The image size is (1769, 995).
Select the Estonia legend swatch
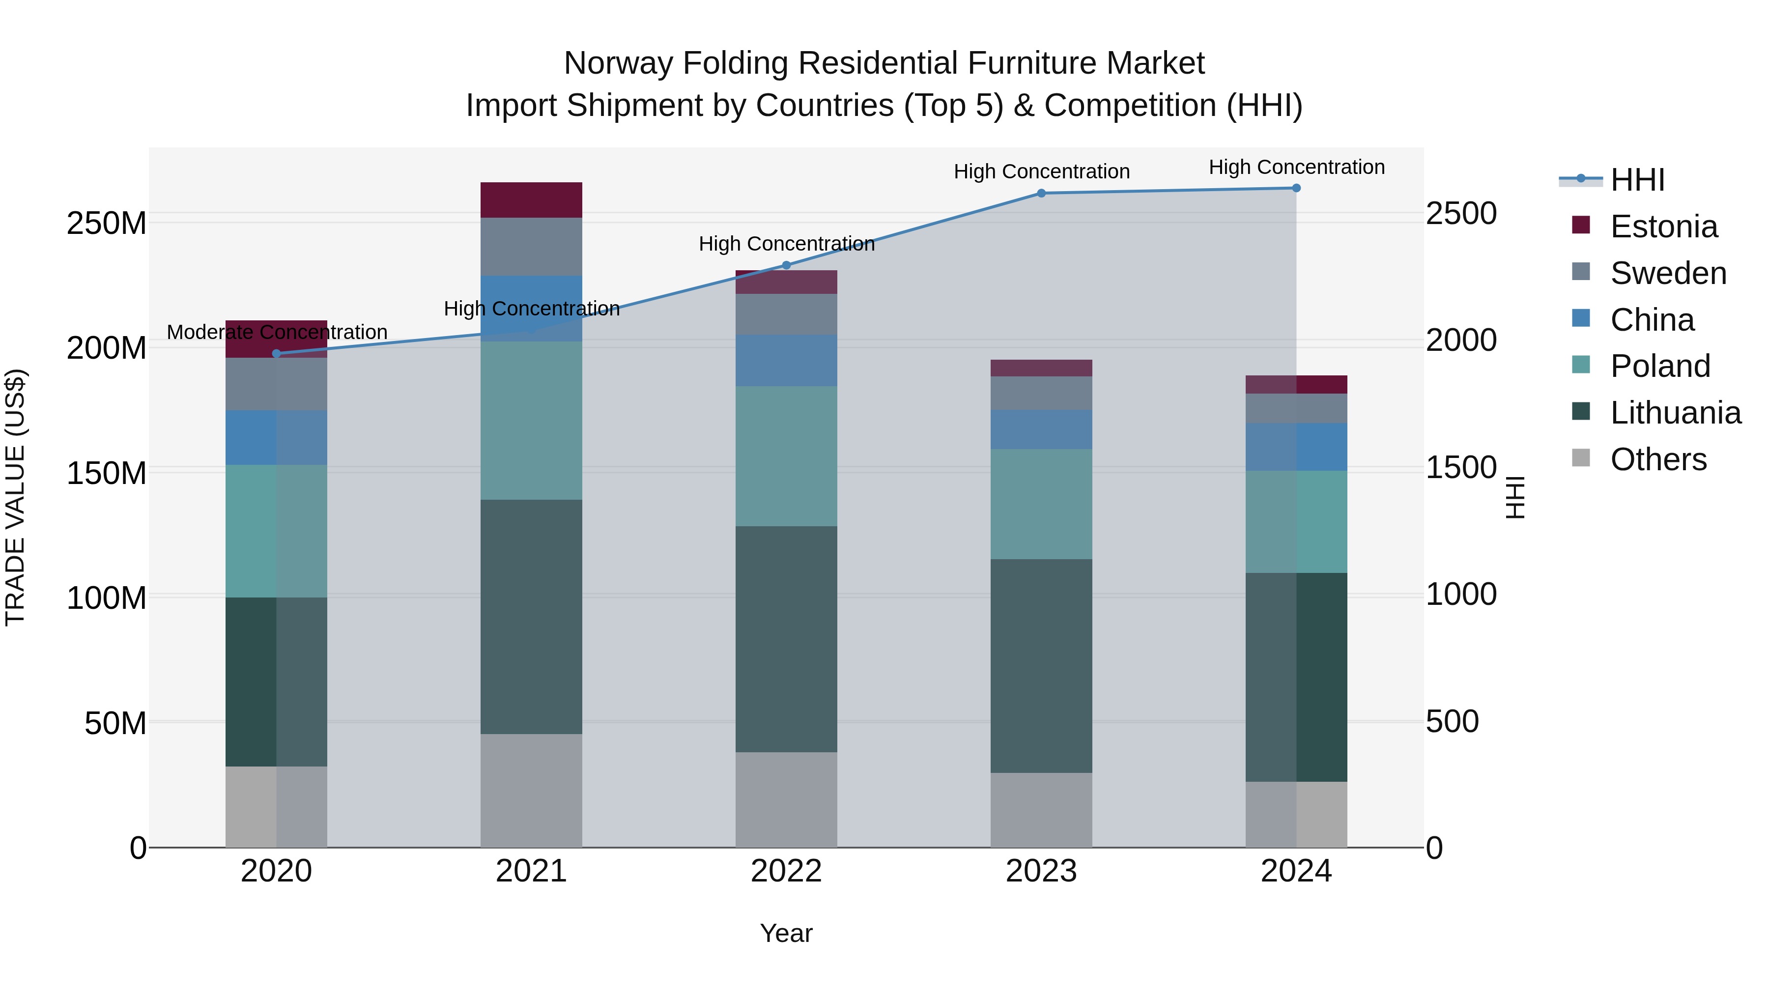[1581, 225]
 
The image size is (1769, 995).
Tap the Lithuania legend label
[1676, 413]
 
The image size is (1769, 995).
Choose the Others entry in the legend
[1658, 459]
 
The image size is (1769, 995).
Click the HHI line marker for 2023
[1041, 193]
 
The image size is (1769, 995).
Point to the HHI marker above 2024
[1296, 188]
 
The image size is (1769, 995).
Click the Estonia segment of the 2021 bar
[531, 200]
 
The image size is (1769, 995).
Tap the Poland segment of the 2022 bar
[786, 456]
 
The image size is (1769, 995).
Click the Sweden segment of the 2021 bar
[531, 247]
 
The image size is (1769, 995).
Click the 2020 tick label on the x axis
[276, 871]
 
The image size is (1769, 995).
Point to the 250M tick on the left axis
[107, 223]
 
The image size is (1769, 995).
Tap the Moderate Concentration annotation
[277, 332]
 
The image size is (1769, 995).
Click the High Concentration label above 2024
[1297, 167]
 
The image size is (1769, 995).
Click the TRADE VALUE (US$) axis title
[15, 497]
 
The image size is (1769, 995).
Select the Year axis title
[786, 933]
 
